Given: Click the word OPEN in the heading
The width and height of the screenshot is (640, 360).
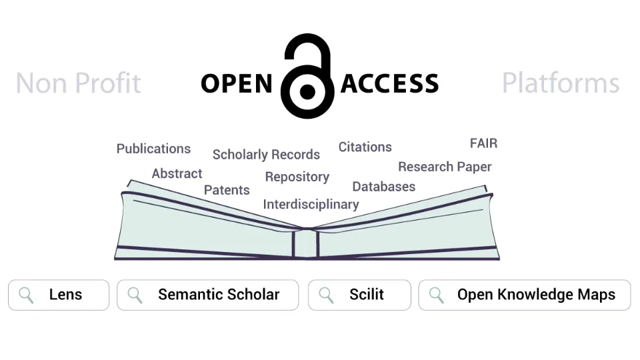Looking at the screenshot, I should [x=237, y=84].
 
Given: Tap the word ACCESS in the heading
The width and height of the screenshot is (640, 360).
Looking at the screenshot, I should [x=390, y=84].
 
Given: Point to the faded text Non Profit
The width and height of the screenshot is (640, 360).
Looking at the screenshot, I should [x=78, y=83].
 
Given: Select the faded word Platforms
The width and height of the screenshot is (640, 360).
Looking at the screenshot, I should [x=561, y=83].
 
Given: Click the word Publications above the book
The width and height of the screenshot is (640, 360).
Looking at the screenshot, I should [x=153, y=149].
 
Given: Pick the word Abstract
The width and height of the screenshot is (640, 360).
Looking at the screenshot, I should [x=177, y=173].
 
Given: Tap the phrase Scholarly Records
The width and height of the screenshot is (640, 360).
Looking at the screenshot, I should [x=266, y=155].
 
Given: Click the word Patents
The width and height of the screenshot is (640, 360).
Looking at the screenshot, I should [x=227, y=190].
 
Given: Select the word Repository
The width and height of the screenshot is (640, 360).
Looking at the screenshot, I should [x=297, y=177].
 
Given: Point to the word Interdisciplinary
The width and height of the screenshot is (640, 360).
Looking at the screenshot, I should [x=311, y=205].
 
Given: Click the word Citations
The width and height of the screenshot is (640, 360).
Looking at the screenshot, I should [x=365, y=147].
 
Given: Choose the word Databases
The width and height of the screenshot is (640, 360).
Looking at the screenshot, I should [x=383, y=187].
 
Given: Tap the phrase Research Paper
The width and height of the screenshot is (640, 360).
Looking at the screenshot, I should [x=445, y=167].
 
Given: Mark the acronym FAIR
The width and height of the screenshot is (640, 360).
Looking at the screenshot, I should [x=483, y=143].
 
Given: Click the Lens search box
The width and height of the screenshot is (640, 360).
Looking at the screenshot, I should [x=59, y=295].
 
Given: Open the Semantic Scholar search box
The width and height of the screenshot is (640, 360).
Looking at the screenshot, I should [x=207, y=295].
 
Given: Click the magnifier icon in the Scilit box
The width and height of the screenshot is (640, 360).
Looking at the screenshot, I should [x=327, y=295].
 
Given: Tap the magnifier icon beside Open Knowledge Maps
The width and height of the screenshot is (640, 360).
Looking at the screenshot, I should [x=437, y=295].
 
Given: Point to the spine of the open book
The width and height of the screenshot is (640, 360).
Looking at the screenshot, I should [x=306, y=243].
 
